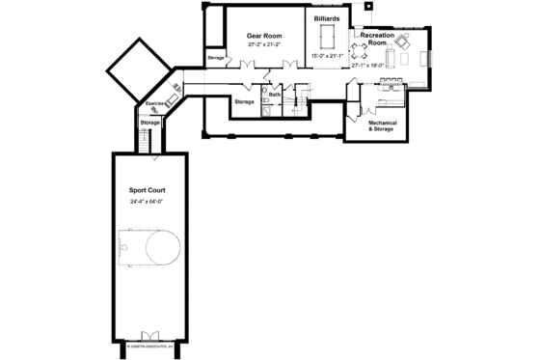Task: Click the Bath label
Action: [275, 94]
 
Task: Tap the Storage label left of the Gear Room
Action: [216, 58]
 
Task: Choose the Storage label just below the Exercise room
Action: [149, 123]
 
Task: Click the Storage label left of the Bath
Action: [244, 100]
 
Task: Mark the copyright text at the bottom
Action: [148, 344]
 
